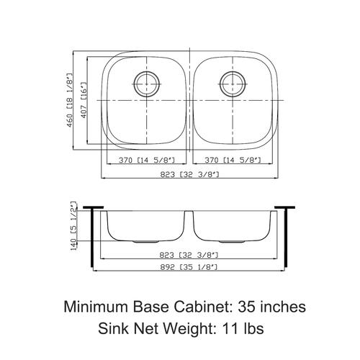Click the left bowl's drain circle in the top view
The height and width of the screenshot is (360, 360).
click(135, 84)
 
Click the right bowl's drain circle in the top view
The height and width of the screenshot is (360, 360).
click(220, 84)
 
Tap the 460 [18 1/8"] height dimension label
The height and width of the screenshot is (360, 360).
click(69, 100)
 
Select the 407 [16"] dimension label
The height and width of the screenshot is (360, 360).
click(84, 100)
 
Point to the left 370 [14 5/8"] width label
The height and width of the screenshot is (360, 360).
click(147, 160)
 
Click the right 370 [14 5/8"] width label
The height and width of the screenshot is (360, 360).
click(233, 160)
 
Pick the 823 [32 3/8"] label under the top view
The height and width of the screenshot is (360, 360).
click(189, 174)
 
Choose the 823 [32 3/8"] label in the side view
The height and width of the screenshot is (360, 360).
click(189, 255)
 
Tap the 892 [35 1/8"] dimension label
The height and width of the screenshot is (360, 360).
click(189, 267)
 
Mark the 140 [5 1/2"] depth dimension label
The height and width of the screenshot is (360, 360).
click(73, 226)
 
